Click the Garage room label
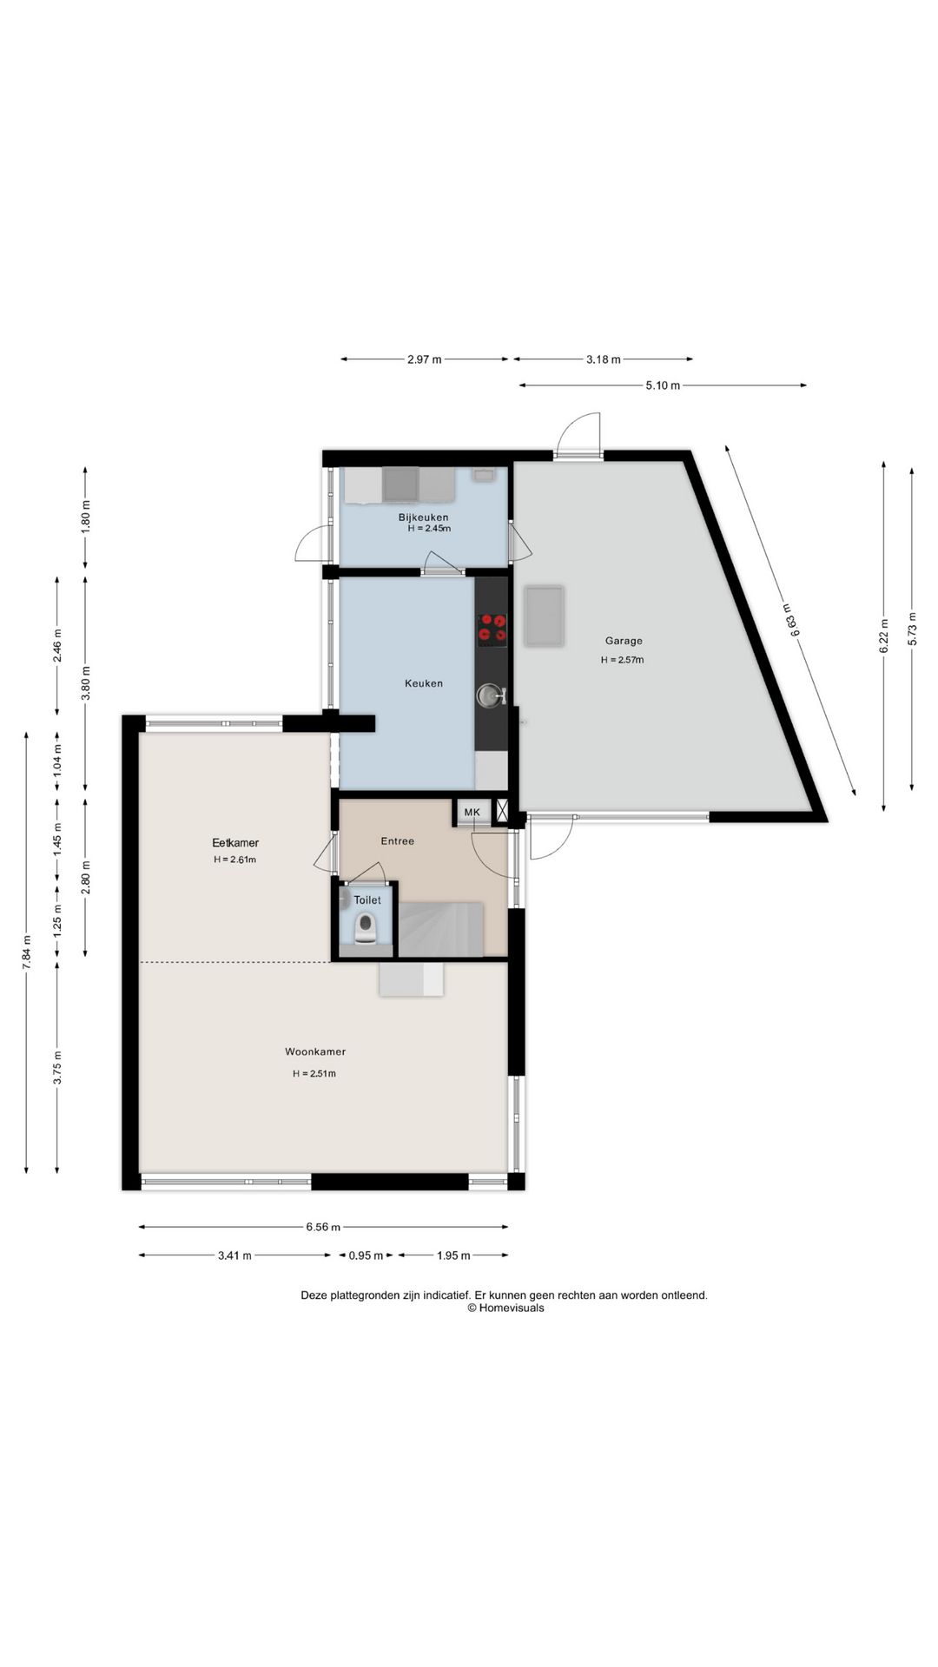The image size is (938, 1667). pyautogui.click(x=624, y=641)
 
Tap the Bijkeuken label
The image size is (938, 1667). pyautogui.click(x=424, y=517)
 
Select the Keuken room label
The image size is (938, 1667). pyautogui.click(x=424, y=683)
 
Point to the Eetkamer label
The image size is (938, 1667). pyautogui.click(x=235, y=842)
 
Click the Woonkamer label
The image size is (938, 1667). pyautogui.click(x=315, y=1051)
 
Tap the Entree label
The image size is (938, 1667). pyautogui.click(x=398, y=840)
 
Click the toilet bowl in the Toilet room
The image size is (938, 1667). pyautogui.click(x=366, y=926)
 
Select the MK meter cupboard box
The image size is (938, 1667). pyautogui.click(x=472, y=812)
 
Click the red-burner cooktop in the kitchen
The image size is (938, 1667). pyautogui.click(x=492, y=629)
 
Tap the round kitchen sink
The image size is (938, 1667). pyautogui.click(x=489, y=695)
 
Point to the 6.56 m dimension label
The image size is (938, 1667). pyautogui.click(x=323, y=1227)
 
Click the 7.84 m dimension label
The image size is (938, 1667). pyautogui.click(x=27, y=952)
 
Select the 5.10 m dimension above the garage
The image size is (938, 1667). pyautogui.click(x=663, y=385)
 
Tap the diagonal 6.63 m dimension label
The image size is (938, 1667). pyautogui.click(x=789, y=621)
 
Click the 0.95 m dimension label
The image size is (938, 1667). pyautogui.click(x=366, y=1255)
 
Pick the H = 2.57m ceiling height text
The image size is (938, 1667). pyautogui.click(x=623, y=660)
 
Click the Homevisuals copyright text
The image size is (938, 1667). pyautogui.click(x=505, y=1308)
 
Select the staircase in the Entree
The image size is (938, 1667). pyautogui.click(x=440, y=929)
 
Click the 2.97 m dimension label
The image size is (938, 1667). pyautogui.click(x=425, y=359)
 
